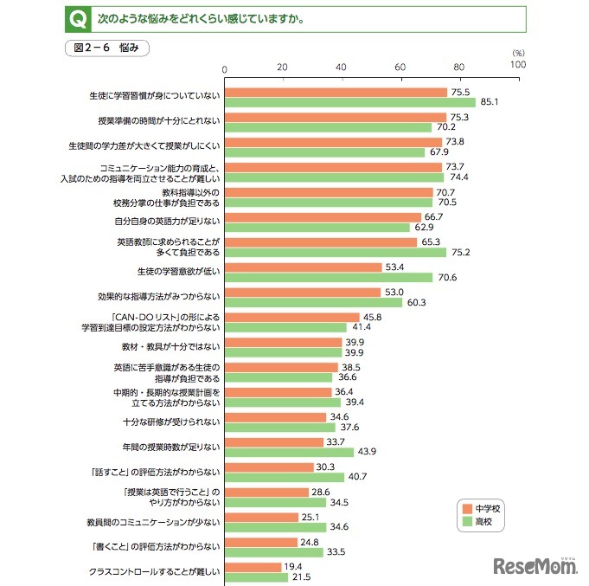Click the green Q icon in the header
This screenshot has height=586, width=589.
[x=75, y=17]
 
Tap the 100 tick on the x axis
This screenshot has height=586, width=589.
[x=517, y=65]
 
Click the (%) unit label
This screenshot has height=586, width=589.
[x=518, y=53]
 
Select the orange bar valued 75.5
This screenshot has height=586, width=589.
[x=336, y=92]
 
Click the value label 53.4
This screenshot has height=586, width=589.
[x=395, y=267]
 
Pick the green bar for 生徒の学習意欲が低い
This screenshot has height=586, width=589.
[x=329, y=278]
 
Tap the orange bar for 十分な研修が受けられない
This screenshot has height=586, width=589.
[x=276, y=417]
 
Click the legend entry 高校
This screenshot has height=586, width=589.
[x=484, y=522]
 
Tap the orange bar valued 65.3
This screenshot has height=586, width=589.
[x=321, y=242]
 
